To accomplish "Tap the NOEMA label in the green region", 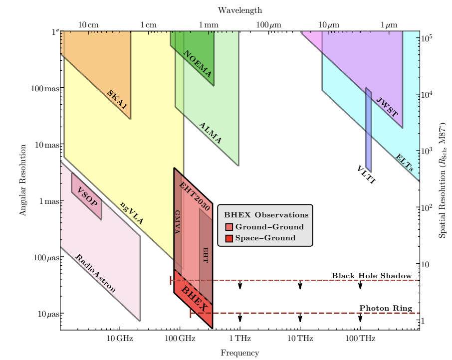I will pos(198,63).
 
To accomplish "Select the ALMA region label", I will pos(210,133).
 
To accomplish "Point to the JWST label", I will pos(387,107).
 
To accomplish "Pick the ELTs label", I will pos(405,163).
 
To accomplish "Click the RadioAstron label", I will pos(95,273).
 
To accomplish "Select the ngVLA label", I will pos(132,213).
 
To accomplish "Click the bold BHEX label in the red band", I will pos(194,298).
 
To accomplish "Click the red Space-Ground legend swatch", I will pos(229,238).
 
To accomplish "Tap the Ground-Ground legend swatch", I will pos(229,227).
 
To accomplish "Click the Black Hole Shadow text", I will pos(372,276).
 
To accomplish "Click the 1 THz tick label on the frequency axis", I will pos(240,339).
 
